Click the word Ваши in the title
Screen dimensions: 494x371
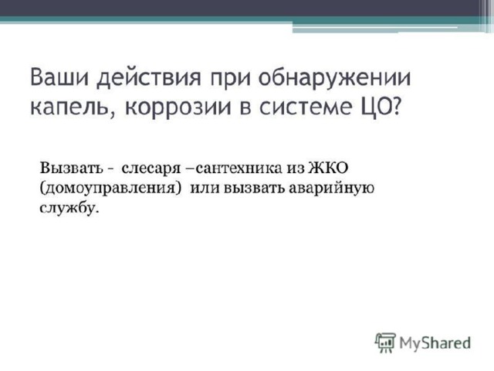59,77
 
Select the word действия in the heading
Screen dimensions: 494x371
149,79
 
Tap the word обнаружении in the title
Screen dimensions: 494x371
334,77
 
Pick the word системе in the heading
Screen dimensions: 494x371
305,107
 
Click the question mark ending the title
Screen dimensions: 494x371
396,105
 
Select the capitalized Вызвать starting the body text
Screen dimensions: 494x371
71,168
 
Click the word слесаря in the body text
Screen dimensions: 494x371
151,169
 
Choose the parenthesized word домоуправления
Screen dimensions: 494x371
111,189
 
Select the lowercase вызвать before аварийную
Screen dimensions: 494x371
255,188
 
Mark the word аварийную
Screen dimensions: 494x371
331,189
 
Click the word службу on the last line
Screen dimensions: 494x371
69,208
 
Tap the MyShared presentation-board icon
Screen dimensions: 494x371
385,342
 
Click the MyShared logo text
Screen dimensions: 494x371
435,343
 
